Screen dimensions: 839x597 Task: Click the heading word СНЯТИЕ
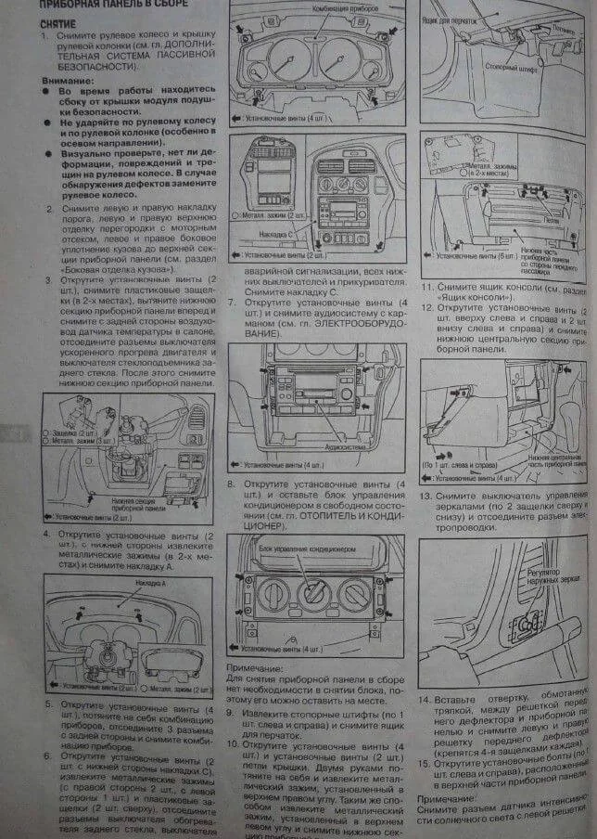coord(57,20)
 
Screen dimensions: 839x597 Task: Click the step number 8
coord(232,484)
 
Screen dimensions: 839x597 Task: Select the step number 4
coord(46,536)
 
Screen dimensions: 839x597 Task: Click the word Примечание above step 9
coord(254,666)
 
